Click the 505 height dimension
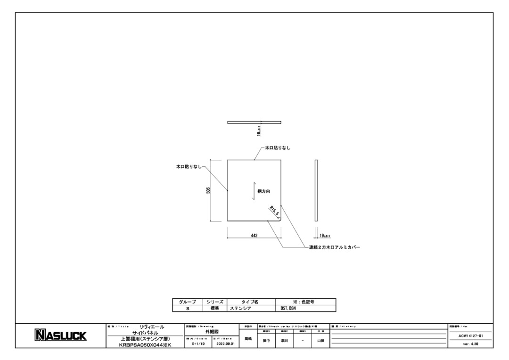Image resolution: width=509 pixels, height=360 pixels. tap(208, 190)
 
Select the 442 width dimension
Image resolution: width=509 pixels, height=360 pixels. tap(254, 235)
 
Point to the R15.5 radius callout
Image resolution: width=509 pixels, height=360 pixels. tap(274, 210)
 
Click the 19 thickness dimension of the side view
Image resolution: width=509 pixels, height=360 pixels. tap(325, 235)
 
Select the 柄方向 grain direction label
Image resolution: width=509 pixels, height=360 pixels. tap(263, 191)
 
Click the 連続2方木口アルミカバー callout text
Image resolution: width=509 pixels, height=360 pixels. tap(331, 247)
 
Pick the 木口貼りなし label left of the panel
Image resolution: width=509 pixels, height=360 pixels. tap(189, 166)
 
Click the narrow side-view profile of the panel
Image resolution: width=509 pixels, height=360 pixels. tap(316, 190)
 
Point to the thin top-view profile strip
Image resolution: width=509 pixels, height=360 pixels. tap(254, 123)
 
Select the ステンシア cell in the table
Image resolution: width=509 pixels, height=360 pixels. tap(240, 308)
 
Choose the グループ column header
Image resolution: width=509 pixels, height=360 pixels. tap(187, 302)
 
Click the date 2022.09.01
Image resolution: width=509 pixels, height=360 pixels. tap(224, 344)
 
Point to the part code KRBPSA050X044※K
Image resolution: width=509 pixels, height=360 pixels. tap(145, 345)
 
